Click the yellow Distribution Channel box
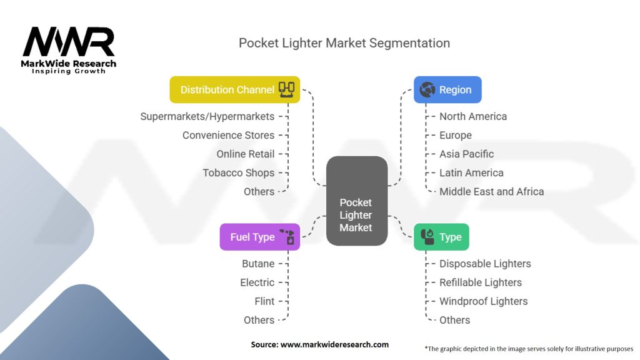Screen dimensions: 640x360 point(235,90)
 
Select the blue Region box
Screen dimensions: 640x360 point(447,90)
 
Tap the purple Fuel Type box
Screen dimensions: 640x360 point(260,237)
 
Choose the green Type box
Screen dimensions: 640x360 point(442,237)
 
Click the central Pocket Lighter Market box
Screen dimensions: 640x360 point(357,201)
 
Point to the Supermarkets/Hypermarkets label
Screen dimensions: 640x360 point(207,117)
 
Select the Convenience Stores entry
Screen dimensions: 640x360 point(229,135)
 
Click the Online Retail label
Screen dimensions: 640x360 point(245,154)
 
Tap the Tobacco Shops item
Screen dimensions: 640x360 point(239,173)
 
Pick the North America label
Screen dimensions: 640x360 point(473,117)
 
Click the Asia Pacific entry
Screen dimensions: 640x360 point(466,154)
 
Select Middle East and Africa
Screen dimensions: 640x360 point(491,191)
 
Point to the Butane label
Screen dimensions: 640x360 point(258,264)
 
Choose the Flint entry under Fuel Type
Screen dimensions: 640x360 point(264,301)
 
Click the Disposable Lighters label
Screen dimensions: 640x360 point(485,264)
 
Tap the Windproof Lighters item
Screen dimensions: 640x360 point(483,301)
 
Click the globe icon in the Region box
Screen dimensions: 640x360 point(427,90)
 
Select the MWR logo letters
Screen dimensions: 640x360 point(69,42)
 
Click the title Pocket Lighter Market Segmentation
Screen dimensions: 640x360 point(344,43)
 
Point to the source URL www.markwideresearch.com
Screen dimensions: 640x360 point(334,344)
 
